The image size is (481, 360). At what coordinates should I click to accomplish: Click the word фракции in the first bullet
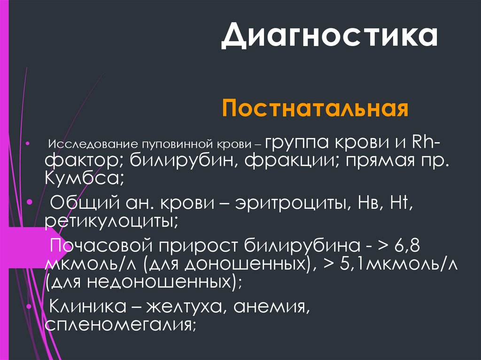(291, 161)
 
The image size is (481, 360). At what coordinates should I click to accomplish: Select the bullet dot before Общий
(29, 203)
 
